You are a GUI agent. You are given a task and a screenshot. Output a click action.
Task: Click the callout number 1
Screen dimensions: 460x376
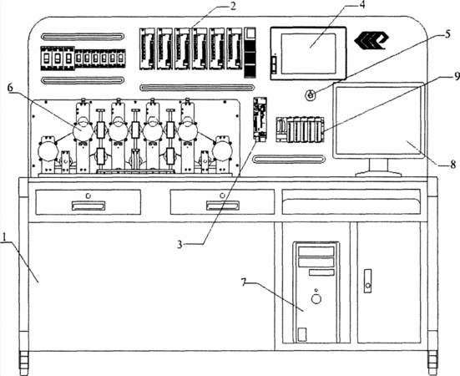point(4,236)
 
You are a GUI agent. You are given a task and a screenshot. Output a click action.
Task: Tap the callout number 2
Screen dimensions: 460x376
point(232,6)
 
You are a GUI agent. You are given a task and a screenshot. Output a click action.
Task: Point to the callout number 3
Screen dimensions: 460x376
point(179,244)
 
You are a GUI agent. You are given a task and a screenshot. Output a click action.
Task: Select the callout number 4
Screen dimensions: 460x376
point(362,5)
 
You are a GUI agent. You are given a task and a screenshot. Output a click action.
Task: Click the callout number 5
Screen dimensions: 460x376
point(447,34)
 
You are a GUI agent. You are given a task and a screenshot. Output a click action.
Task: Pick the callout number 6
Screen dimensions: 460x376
point(10,87)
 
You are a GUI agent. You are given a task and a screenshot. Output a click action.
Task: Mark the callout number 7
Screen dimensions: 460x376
point(244,282)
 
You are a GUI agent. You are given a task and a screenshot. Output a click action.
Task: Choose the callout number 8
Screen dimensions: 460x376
point(453,164)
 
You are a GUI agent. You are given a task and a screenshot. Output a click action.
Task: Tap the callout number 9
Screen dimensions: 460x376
point(456,76)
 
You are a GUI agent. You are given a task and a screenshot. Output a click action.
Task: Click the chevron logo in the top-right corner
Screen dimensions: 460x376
point(372,40)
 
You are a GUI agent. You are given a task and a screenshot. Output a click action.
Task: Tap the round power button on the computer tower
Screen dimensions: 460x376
point(316,299)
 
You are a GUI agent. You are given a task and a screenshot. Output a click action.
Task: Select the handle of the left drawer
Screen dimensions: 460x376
point(88,206)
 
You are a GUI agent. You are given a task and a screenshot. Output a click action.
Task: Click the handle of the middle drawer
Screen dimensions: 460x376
point(222,206)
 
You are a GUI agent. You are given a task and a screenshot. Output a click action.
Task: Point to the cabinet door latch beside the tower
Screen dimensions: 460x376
point(367,281)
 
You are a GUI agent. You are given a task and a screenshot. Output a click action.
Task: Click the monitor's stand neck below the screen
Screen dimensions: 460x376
point(379,165)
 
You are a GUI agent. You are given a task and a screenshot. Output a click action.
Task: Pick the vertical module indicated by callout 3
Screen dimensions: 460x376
point(260,119)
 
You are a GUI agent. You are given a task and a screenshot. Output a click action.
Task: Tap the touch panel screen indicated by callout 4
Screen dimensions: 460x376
point(308,53)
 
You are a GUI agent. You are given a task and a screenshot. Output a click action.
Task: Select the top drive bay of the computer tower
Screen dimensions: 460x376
point(316,252)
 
